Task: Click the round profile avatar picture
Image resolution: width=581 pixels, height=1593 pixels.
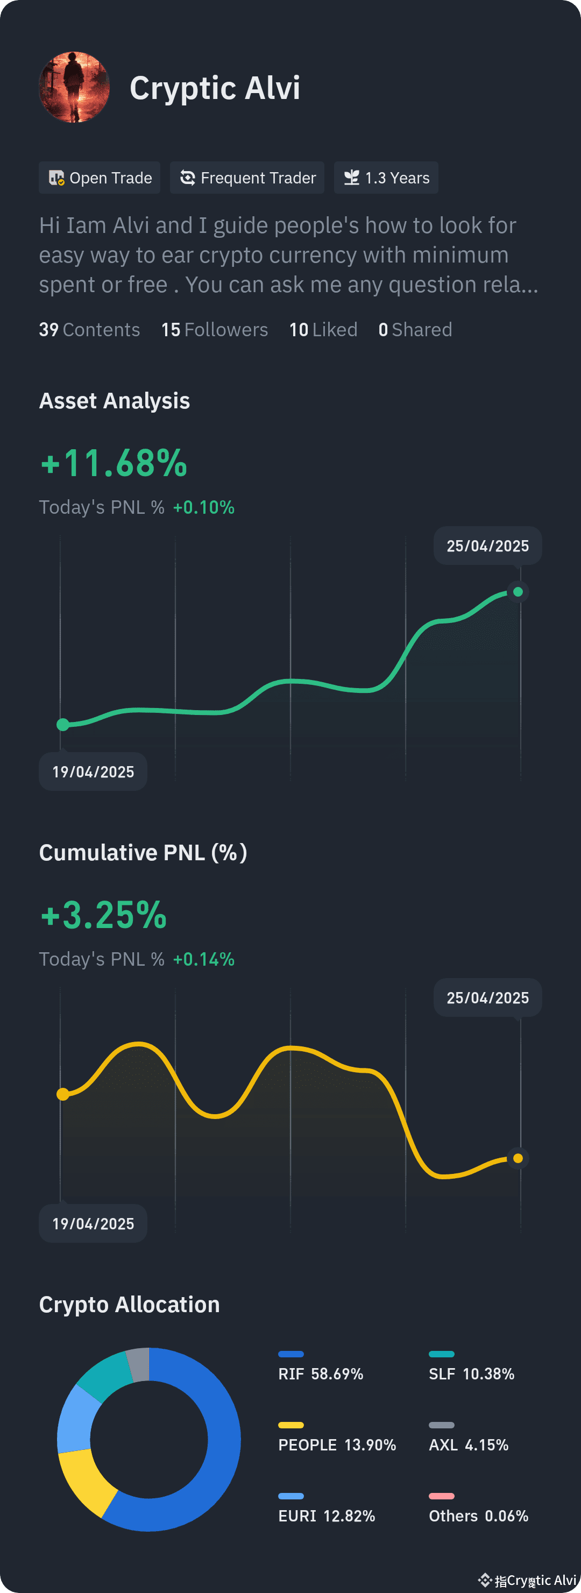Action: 74,87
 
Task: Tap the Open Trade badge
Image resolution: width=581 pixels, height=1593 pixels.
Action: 100,178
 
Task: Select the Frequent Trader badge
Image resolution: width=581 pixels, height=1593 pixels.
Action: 247,178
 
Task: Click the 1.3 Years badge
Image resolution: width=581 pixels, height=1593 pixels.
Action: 386,178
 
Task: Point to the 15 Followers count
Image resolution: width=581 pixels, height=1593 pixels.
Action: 215,330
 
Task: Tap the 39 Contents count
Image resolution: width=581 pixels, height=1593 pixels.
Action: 90,330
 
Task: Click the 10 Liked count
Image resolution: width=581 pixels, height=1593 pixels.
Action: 323,330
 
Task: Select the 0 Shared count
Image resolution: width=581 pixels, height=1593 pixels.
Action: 415,330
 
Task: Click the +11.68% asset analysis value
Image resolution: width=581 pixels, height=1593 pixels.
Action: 114,463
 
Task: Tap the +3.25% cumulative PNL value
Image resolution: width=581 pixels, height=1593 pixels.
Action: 104,915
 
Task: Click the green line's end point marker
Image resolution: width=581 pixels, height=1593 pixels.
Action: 518,592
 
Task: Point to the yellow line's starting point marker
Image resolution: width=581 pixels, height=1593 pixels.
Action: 63,1094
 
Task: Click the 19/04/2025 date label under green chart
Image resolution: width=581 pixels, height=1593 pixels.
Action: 93,772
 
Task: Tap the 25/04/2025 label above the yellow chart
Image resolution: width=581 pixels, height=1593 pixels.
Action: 488,997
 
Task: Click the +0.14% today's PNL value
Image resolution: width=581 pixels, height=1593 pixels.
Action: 204,959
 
